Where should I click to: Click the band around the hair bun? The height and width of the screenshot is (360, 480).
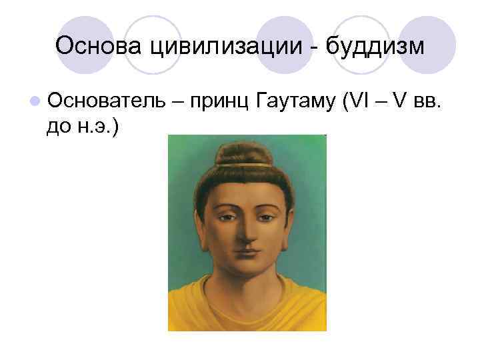pos(244,164)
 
